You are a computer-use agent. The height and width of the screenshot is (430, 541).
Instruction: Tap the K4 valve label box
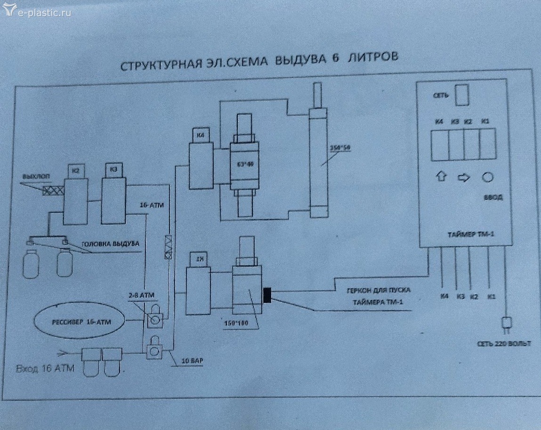coord(202,136)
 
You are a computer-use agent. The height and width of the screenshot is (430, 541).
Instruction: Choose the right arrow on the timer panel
coord(463,178)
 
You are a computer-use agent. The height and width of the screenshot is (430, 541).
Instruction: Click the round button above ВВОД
coord(487,178)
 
